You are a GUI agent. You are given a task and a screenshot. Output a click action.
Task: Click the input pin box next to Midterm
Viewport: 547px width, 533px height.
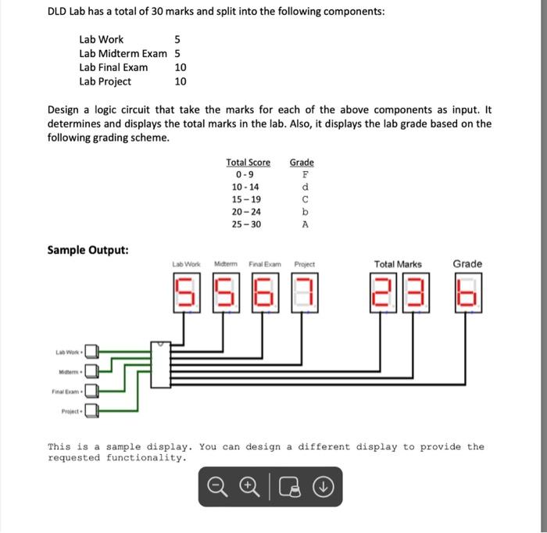pyautogui.click(x=91, y=370)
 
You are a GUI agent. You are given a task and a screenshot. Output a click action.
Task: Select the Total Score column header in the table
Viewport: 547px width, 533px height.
pyautogui.click(x=248, y=163)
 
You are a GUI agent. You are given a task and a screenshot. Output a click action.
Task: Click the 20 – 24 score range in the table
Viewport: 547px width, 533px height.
pyautogui.click(x=246, y=212)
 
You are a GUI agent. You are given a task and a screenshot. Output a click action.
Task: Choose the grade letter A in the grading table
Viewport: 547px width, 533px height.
pyautogui.click(x=305, y=224)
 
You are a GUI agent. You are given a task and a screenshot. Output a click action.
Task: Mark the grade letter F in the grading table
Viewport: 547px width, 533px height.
pyautogui.click(x=305, y=175)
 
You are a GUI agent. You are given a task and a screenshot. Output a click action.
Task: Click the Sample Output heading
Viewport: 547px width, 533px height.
pyautogui.click(x=88, y=250)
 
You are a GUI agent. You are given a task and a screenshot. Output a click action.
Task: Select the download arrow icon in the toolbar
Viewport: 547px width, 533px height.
pyautogui.click(x=324, y=487)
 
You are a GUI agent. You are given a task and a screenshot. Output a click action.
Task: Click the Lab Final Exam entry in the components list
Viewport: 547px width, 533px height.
pyautogui.click(x=113, y=67)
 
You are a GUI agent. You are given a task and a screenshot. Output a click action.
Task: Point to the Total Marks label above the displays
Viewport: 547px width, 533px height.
pyautogui.click(x=398, y=264)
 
